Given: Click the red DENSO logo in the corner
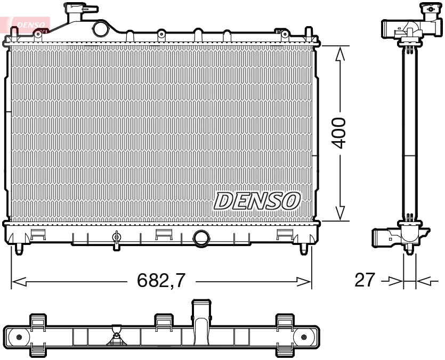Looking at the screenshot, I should [x=27, y=23].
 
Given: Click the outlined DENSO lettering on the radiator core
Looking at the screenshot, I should [x=257, y=201].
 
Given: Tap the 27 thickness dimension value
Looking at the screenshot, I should [x=366, y=280].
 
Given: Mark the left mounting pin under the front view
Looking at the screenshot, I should [x=19, y=248].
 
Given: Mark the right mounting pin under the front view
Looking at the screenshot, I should [x=304, y=248].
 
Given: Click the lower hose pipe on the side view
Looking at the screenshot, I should [x=383, y=236].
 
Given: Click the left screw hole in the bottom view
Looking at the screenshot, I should [x=20, y=337].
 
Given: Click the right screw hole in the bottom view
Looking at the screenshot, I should [x=304, y=337].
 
